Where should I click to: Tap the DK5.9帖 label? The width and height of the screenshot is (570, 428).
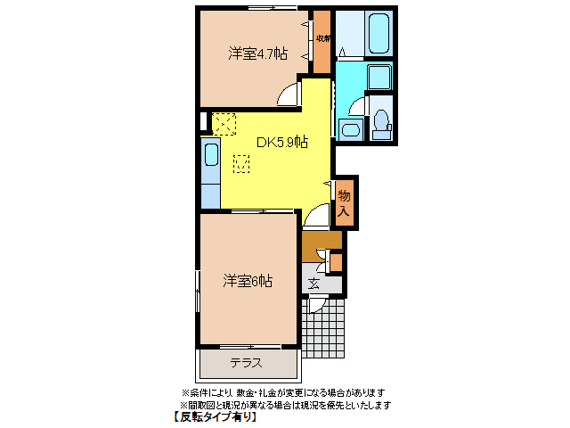(282, 142)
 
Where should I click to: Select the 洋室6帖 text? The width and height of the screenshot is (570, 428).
(247, 281)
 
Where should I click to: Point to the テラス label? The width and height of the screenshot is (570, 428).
(246, 363)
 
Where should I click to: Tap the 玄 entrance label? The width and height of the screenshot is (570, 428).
(314, 284)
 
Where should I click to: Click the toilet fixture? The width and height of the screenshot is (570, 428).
(382, 120)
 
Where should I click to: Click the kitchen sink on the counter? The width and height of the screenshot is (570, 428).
(211, 156)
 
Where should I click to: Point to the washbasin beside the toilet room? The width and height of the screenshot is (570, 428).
(349, 130)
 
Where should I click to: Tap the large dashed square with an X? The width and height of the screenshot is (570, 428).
(224, 122)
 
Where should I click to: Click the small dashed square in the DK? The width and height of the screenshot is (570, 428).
(241, 162)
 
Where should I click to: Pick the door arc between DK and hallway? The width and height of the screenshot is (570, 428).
(316, 216)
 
